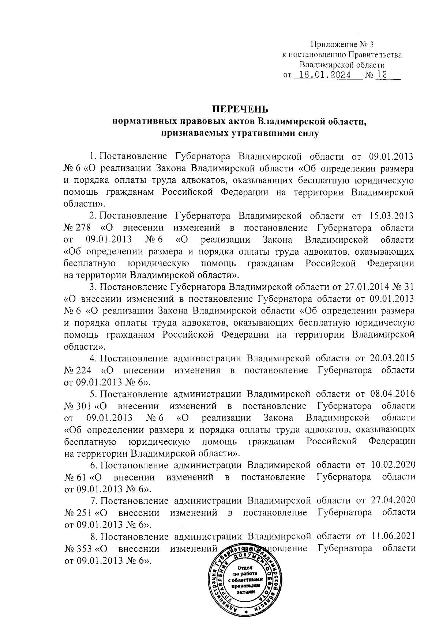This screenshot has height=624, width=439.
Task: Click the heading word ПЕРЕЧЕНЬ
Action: (241, 109)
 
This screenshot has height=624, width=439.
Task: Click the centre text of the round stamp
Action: (245, 582)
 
